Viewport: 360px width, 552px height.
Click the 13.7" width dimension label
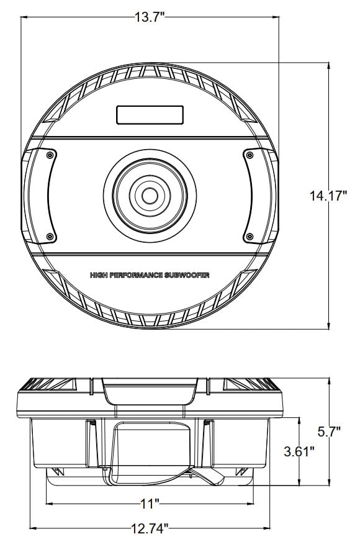pos(149,17)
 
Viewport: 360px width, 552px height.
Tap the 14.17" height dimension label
pos(328,196)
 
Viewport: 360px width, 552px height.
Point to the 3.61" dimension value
pos(299,451)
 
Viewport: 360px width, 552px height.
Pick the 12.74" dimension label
pos(150,529)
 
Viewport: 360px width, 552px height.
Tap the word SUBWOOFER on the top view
pos(186,274)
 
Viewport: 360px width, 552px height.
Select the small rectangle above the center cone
pos(150,115)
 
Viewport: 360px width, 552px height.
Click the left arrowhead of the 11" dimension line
pos(49,502)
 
